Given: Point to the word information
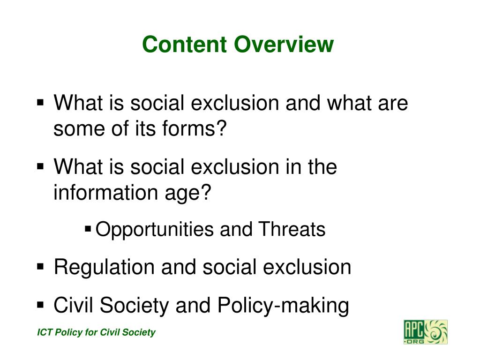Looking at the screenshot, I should click(101, 193).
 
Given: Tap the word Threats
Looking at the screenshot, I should click(292, 230).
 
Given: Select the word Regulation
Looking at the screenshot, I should click(104, 268).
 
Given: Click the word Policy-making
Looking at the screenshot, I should click(283, 306).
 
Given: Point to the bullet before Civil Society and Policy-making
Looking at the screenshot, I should click(40, 305).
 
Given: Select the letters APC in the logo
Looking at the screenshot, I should click(414, 329).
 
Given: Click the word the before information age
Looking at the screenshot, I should click(321, 167).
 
